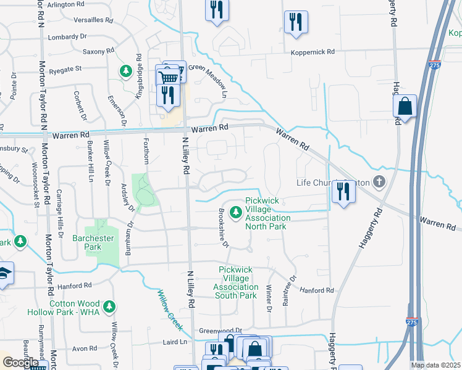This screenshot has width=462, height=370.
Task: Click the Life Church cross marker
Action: (x=379, y=182)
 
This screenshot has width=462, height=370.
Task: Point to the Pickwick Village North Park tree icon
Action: (x=235, y=213)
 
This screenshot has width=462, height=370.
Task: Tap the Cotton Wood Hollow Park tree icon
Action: (x=109, y=306)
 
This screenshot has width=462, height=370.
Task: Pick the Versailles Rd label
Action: (x=93, y=20)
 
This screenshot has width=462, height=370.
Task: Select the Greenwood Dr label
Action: (x=220, y=331)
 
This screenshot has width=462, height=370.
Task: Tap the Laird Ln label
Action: (x=175, y=342)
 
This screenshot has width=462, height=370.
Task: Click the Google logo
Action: (x=20, y=363)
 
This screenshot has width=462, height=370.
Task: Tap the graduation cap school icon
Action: (x=4, y=273)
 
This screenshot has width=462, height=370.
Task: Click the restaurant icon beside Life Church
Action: (x=342, y=192)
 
